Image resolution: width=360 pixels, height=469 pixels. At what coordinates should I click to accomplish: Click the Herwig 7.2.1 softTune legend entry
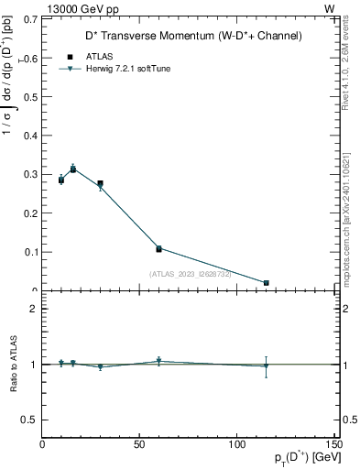pyautogui.click(x=127, y=69)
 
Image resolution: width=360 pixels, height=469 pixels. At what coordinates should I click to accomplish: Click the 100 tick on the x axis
pyautogui.click(x=236, y=444)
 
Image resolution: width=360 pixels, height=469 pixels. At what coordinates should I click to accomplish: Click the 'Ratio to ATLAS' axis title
pyautogui.click(x=13, y=364)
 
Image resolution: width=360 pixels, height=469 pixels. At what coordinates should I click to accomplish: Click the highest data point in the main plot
pyautogui.click(x=73, y=169)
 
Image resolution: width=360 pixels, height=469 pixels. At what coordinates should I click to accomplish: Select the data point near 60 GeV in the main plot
pyautogui.click(x=158, y=248)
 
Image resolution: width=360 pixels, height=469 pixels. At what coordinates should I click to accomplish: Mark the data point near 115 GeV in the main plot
pyautogui.click(x=266, y=283)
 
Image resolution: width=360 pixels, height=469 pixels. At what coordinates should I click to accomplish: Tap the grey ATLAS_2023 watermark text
pyautogui.click(x=191, y=273)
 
